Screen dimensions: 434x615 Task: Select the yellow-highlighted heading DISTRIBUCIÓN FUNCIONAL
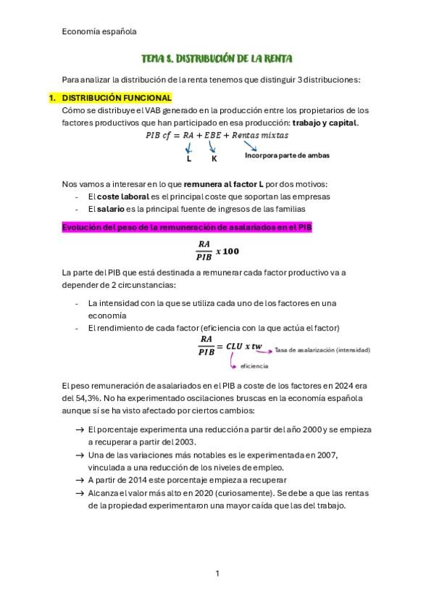point(117,97)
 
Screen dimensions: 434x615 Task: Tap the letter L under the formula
point(189,158)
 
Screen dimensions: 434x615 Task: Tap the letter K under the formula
point(214,158)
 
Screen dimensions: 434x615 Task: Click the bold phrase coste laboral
point(123,196)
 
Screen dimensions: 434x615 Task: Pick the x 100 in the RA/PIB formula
point(227,252)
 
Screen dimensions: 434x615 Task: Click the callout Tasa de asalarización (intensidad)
point(322,350)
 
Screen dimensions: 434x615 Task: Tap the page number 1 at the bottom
point(217,574)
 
